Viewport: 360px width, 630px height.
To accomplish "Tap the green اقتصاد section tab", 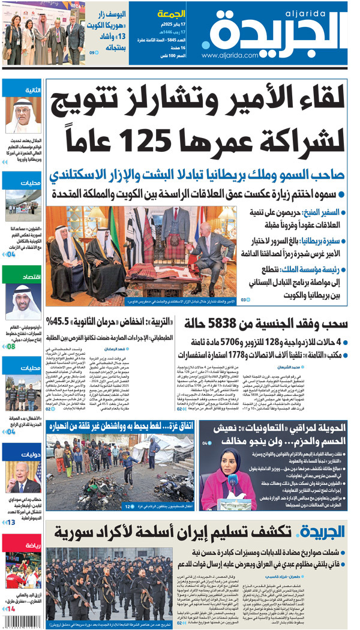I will pyautogui.click(x=22, y=277).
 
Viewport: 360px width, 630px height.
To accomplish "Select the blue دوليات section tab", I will pyautogui.click(x=22, y=454).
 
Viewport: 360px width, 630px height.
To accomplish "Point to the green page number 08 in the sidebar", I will pyautogui.click(x=11, y=346).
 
